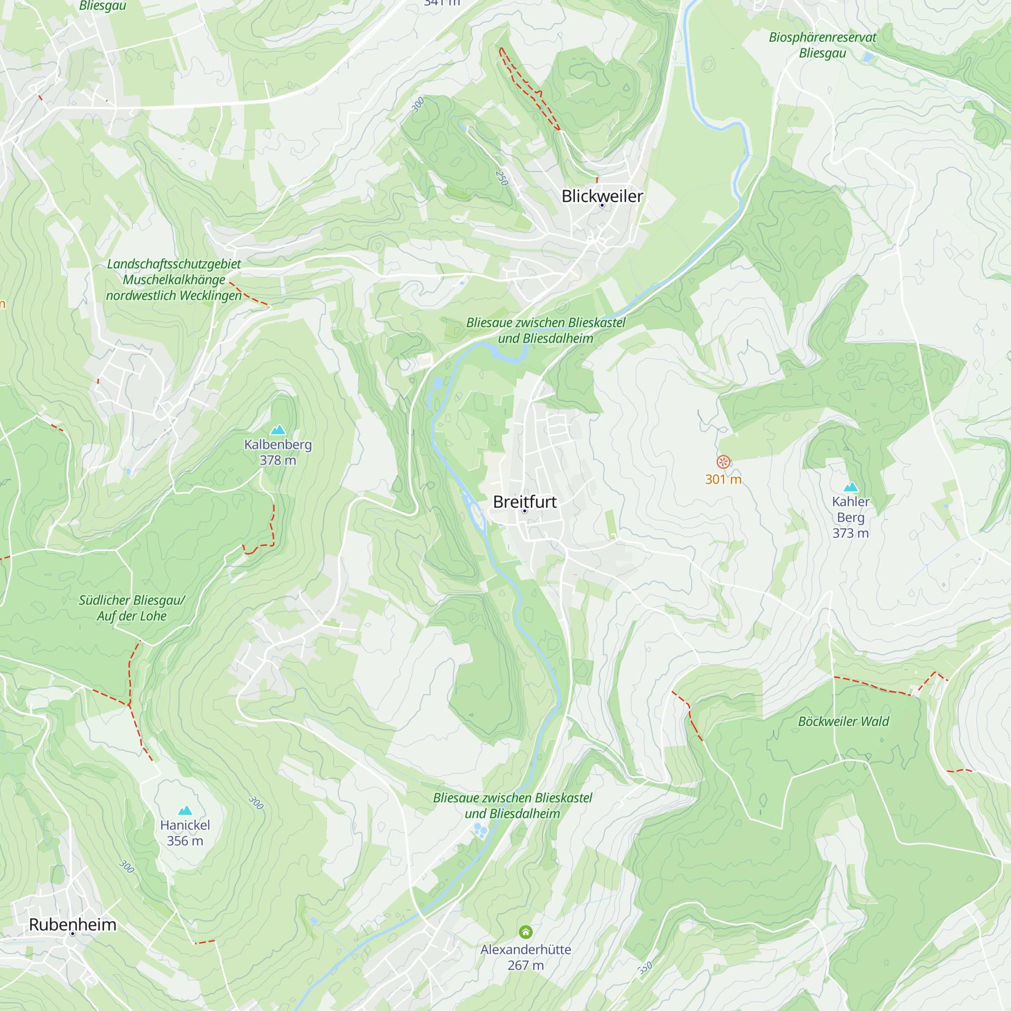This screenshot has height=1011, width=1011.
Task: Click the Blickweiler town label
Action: click(x=602, y=196)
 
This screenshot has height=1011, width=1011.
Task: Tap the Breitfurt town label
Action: click(x=524, y=502)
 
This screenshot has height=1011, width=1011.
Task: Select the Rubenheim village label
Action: click(x=73, y=925)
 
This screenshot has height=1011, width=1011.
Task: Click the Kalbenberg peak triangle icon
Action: click(x=278, y=430)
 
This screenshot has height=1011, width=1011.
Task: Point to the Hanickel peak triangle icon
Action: click(x=185, y=811)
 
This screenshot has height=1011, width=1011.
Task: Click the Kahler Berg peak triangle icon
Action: click(x=851, y=487)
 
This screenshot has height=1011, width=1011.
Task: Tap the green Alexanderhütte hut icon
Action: click(x=525, y=932)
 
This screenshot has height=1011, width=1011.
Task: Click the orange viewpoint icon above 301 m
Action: click(x=723, y=462)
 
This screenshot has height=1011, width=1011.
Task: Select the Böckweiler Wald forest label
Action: click(x=843, y=722)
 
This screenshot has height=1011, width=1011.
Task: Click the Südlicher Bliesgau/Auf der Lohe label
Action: click(x=132, y=608)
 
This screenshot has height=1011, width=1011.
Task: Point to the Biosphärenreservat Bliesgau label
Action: click(x=822, y=45)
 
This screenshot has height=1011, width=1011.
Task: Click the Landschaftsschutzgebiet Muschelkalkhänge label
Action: click(x=174, y=280)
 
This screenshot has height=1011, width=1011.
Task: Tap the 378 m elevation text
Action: click(x=278, y=461)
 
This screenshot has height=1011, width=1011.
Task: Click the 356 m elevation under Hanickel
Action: click(x=185, y=841)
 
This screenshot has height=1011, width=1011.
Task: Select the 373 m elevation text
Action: click(x=850, y=533)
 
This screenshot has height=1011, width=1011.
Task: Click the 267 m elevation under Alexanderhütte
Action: click(x=525, y=966)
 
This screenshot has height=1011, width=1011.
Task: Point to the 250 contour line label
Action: click(x=501, y=178)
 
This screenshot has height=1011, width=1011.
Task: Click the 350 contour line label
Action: click(x=645, y=968)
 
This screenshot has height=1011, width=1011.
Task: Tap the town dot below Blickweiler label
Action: click(x=602, y=206)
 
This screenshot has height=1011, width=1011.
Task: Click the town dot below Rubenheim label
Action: click(x=73, y=934)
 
